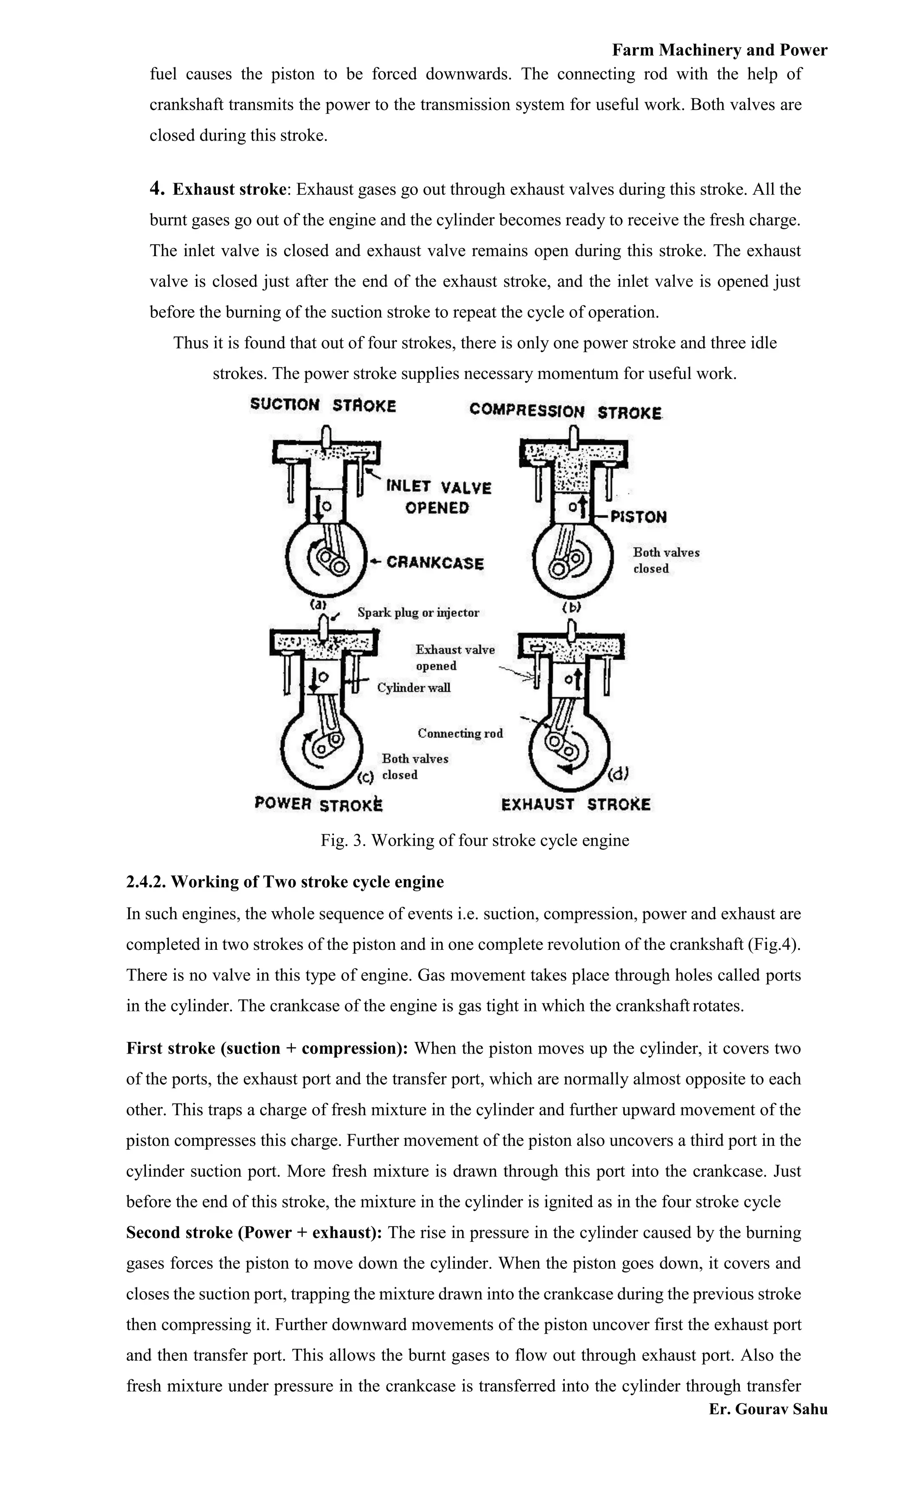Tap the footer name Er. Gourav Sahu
(768, 1409)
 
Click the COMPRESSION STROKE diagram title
(565, 411)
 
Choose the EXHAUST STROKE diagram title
(575, 804)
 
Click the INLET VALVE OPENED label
(438, 497)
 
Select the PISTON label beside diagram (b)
(638, 517)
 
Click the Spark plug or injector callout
(418, 613)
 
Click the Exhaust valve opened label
(454, 657)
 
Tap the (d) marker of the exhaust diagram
(618, 774)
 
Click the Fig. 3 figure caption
(475, 840)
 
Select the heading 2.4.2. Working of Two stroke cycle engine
(285, 882)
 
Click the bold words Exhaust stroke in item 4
(229, 189)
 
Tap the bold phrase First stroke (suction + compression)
(267, 1048)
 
